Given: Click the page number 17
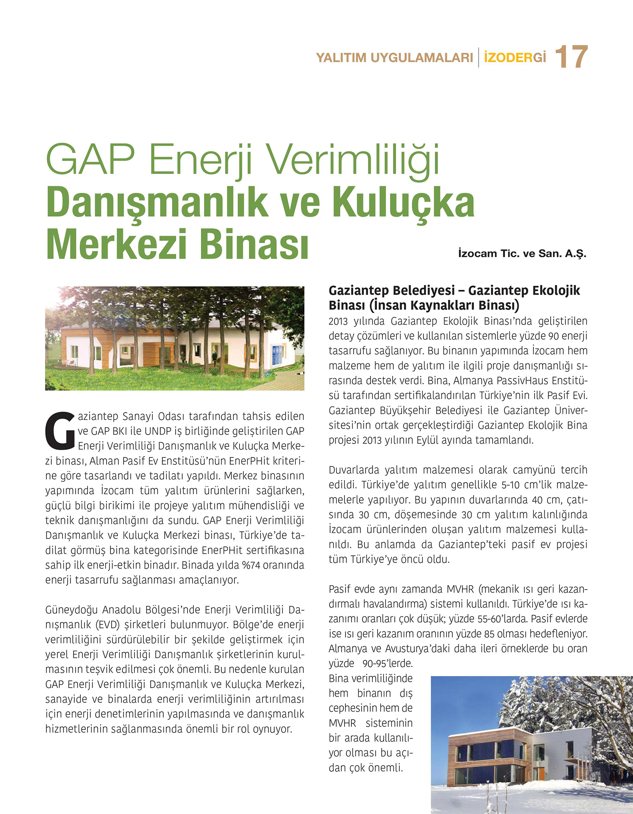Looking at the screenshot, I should tap(571, 57).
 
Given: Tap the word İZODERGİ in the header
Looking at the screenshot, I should tap(515, 57).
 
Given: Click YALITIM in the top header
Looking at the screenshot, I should tap(341, 58).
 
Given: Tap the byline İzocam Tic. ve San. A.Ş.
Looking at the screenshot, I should tap(522, 253).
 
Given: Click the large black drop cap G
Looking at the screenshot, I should tap(60, 430).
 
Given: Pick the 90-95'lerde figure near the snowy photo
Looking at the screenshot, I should tap(387, 663).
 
